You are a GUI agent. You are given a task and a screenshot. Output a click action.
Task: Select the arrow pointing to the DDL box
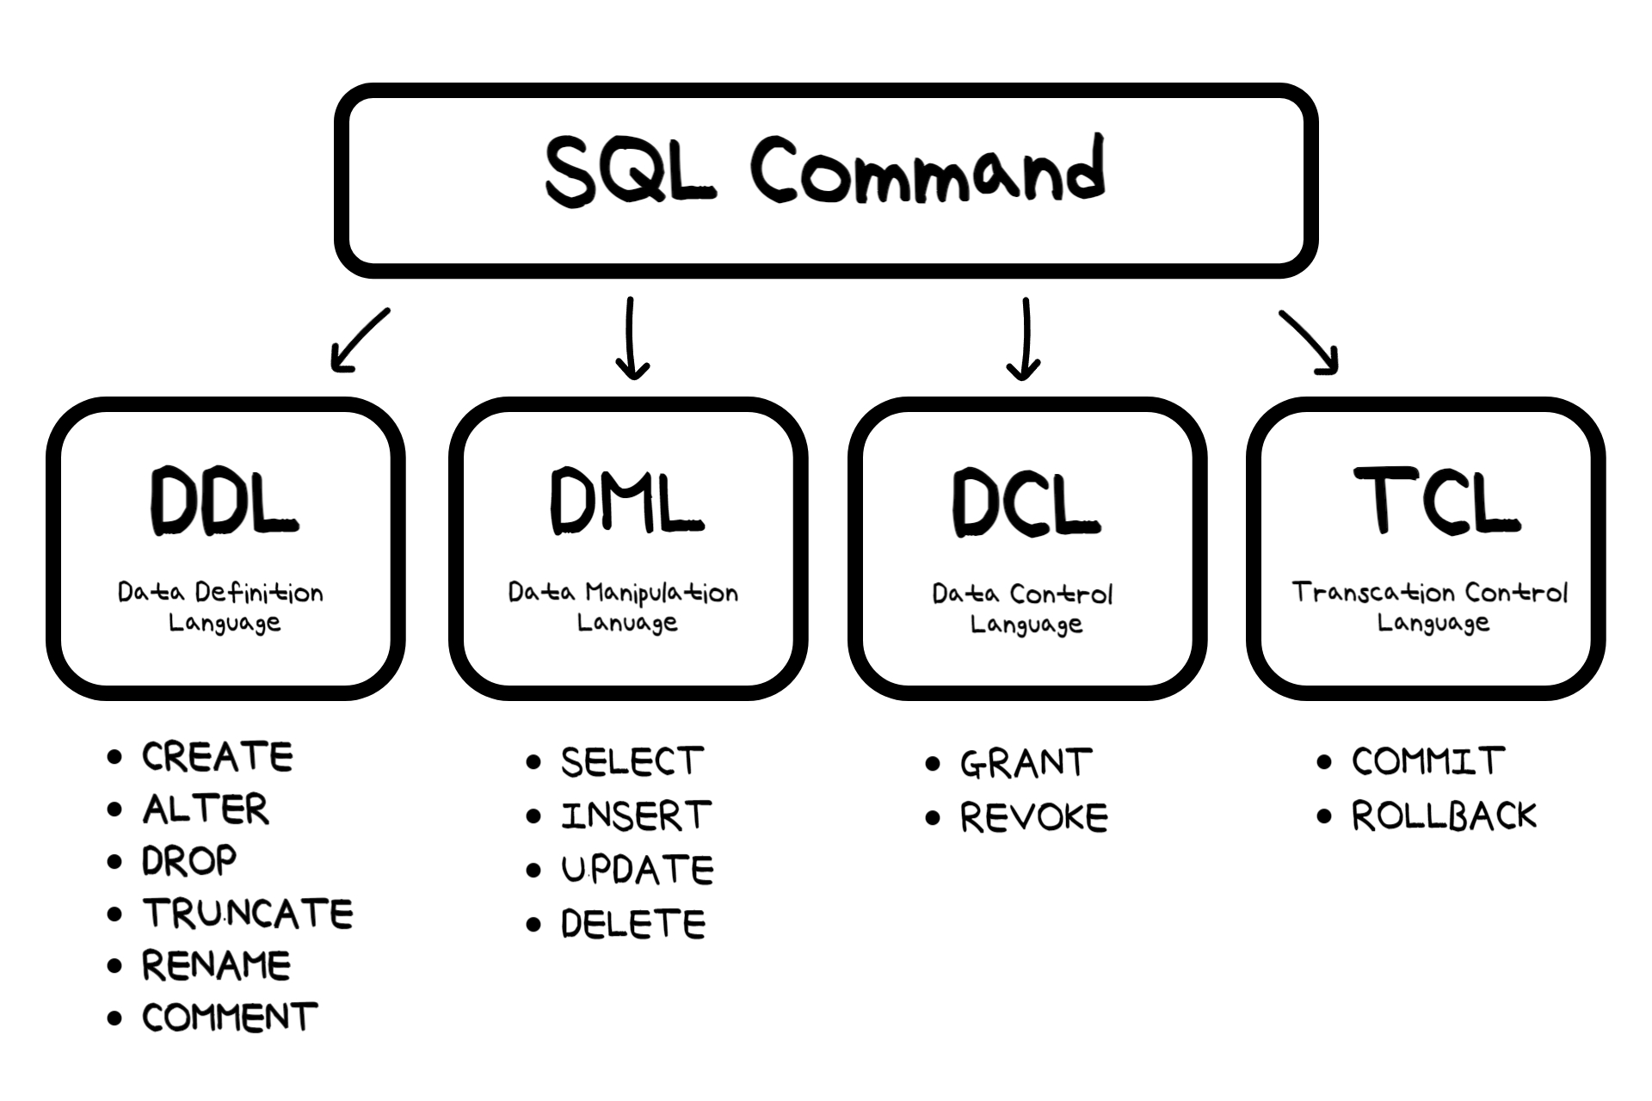(360, 341)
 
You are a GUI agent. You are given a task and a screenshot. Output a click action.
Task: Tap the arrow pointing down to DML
(632, 339)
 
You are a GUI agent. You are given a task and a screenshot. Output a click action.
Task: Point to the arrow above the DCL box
(1024, 339)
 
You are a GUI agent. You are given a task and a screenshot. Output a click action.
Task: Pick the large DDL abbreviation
(224, 502)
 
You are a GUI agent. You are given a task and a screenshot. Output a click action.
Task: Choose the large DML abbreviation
(626, 501)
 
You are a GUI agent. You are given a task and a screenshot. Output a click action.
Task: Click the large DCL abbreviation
(1026, 503)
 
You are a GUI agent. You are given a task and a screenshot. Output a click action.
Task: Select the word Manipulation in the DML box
(662, 594)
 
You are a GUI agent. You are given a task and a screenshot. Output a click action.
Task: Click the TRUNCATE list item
(248, 913)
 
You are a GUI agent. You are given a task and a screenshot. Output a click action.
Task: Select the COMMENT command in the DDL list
(230, 1018)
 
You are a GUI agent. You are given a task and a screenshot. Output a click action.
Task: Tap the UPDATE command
(637, 870)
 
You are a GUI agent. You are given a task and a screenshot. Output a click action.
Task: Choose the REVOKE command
(1033, 817)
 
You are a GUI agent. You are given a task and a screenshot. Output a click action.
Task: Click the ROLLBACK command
(1443, 815)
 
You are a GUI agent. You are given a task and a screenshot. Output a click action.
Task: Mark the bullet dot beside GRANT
(933, 764)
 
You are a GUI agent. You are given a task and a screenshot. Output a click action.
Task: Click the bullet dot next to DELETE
(534, 925)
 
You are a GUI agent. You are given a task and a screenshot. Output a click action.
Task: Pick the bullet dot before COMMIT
(1324, 762)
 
